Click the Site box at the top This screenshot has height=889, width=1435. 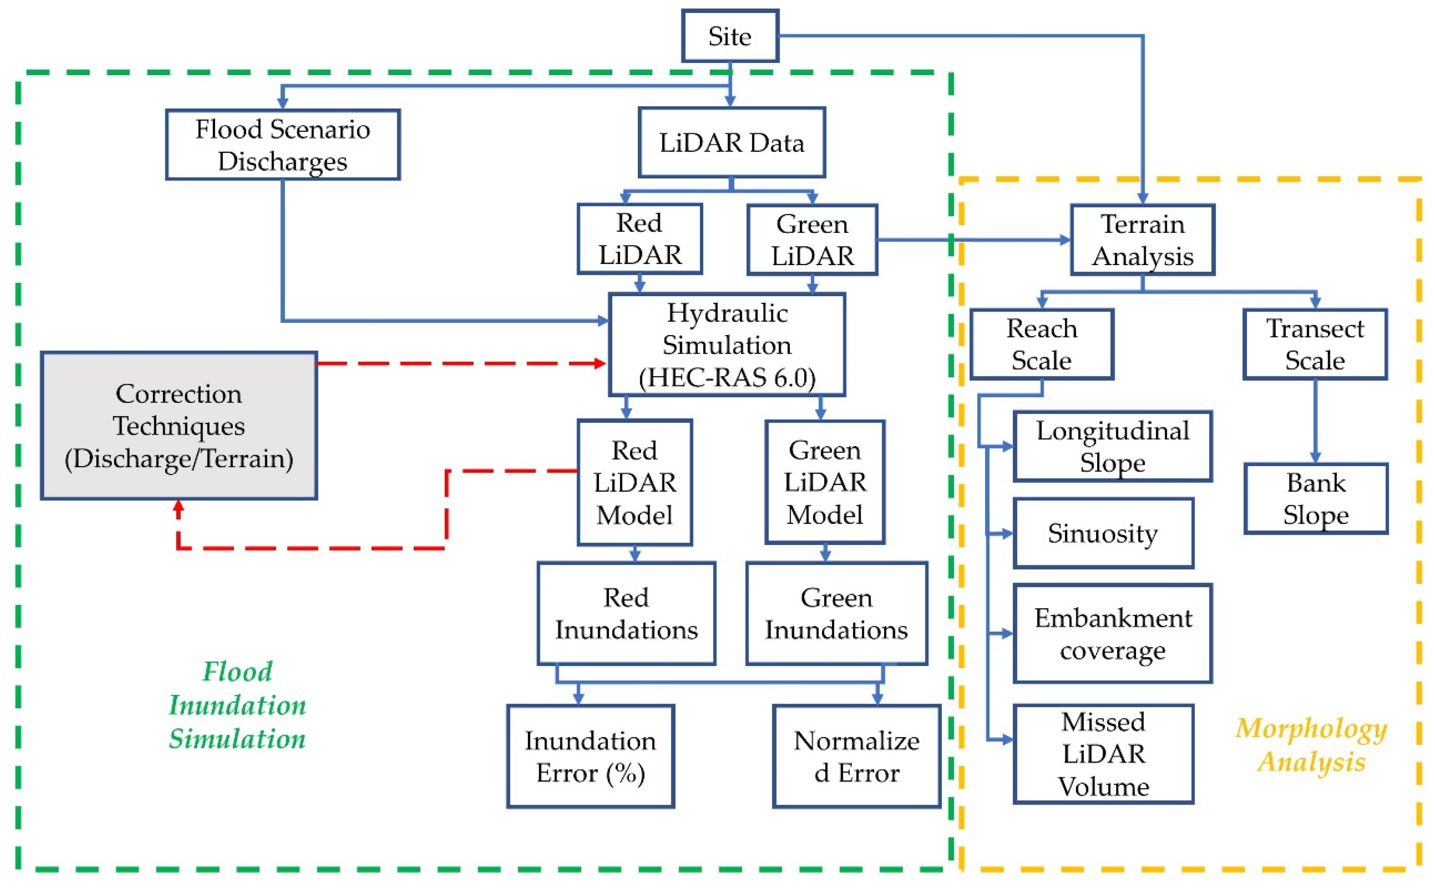click(729, 36)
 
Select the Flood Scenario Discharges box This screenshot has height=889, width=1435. click(283, 145)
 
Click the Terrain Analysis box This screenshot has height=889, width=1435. click(1142, 240)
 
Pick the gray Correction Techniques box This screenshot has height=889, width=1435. click(178, 426)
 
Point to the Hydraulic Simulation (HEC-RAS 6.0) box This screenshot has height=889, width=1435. click(726, 344)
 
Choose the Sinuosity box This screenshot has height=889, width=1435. click(1103, 533)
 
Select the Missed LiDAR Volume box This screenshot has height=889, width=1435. click(1103, 754)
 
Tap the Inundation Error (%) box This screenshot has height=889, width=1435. click(590, 756)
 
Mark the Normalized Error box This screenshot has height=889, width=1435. click(856, 756)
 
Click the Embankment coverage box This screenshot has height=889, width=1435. click(1112, 634)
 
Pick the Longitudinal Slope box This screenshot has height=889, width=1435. click(1112, 446)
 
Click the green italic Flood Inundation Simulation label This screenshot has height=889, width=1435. click(237, 705)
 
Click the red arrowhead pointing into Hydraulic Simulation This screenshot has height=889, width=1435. click(601, 363)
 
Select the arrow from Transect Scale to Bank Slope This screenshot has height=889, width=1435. click(1315, 420)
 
